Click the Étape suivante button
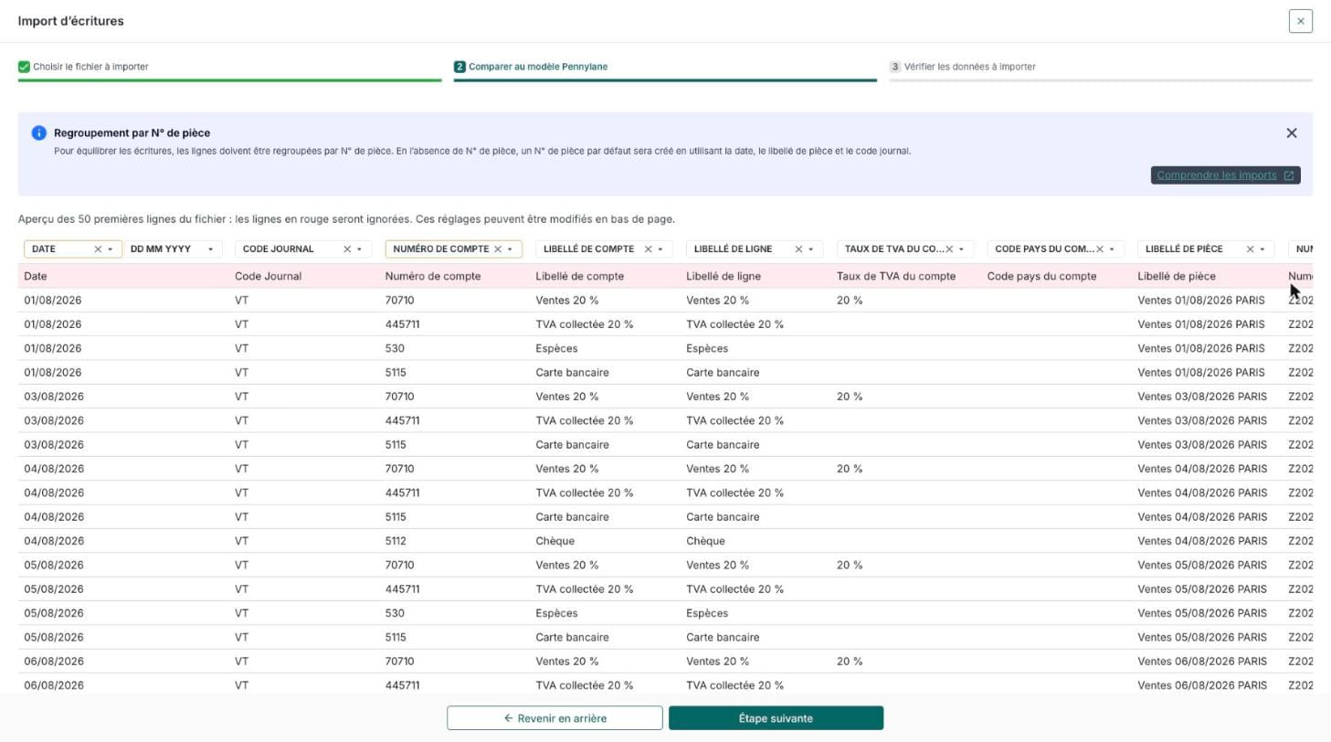click(776, 717)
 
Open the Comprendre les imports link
click(1225, 175)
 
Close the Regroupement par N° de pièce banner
click(1291, 133)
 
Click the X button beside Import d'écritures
click(1300, 21)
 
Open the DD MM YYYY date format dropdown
click(172, 249)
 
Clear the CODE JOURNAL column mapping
click(347, 249)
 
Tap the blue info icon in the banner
click(38, 133)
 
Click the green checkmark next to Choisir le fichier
click(24, 67)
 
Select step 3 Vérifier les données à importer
click(962, 67)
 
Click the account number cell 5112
click(396, 541)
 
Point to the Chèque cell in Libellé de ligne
click(705, 541)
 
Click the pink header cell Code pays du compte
click(1041, 276)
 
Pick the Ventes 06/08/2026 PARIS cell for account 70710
click(1202, 662)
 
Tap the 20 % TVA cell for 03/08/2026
click(849, 397)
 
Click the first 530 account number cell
click(395, 348)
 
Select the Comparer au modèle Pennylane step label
click(538, 67)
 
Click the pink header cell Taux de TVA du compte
click(896, 276)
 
